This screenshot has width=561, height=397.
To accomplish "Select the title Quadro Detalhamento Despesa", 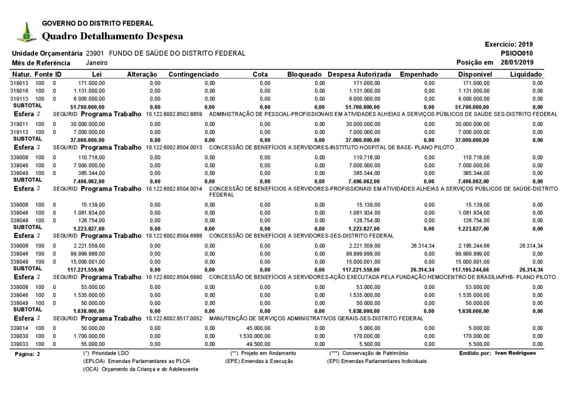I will [112, 36].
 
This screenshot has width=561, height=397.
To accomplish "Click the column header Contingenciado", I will [193, 74].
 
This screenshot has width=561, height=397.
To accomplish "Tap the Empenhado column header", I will [419, 74].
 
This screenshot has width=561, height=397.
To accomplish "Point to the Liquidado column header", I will [526, 74].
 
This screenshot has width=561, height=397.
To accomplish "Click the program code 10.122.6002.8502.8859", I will [174, 114].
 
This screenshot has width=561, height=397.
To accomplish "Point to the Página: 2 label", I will [27, 354].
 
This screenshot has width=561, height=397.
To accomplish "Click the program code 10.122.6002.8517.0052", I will [174, 318].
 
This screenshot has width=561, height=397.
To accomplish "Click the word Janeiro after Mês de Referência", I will [97, 63].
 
